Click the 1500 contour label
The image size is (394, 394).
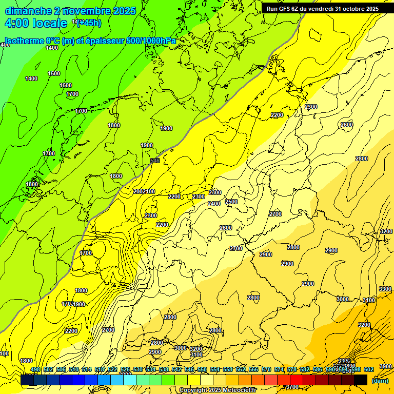point(54,73)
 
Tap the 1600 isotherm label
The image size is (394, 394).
point(66,85)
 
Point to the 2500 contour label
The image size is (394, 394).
point(231,202)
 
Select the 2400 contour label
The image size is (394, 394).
point(214,204)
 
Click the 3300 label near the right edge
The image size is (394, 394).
point(385,289)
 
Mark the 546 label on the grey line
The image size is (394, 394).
point(155,161)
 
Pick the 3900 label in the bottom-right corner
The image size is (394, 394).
point(385,366)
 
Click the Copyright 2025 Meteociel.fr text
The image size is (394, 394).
point(218,390)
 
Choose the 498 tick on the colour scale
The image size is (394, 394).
point(35,370)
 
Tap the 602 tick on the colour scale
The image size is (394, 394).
point(369,370)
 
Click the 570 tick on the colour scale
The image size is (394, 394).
point(266,370)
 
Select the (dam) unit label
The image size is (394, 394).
point(380,380)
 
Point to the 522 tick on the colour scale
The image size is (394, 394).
point(112,370)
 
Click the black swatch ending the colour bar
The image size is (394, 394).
point(361,380)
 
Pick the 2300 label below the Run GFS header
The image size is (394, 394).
point(311,107)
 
